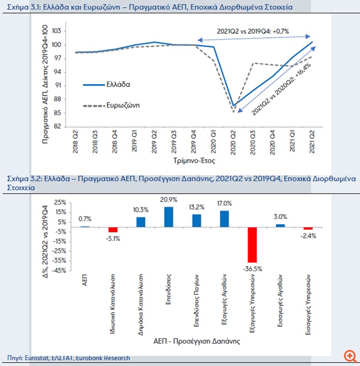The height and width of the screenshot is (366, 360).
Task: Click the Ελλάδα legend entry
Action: pos(118,85)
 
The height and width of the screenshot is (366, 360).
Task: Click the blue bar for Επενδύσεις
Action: pos(168,217)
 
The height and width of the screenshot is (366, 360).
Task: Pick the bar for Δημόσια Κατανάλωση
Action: pos(141,221)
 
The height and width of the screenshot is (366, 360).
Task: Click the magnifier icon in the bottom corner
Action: pos(349,356)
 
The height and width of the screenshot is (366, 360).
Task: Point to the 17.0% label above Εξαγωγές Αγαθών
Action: pos(224,204)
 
